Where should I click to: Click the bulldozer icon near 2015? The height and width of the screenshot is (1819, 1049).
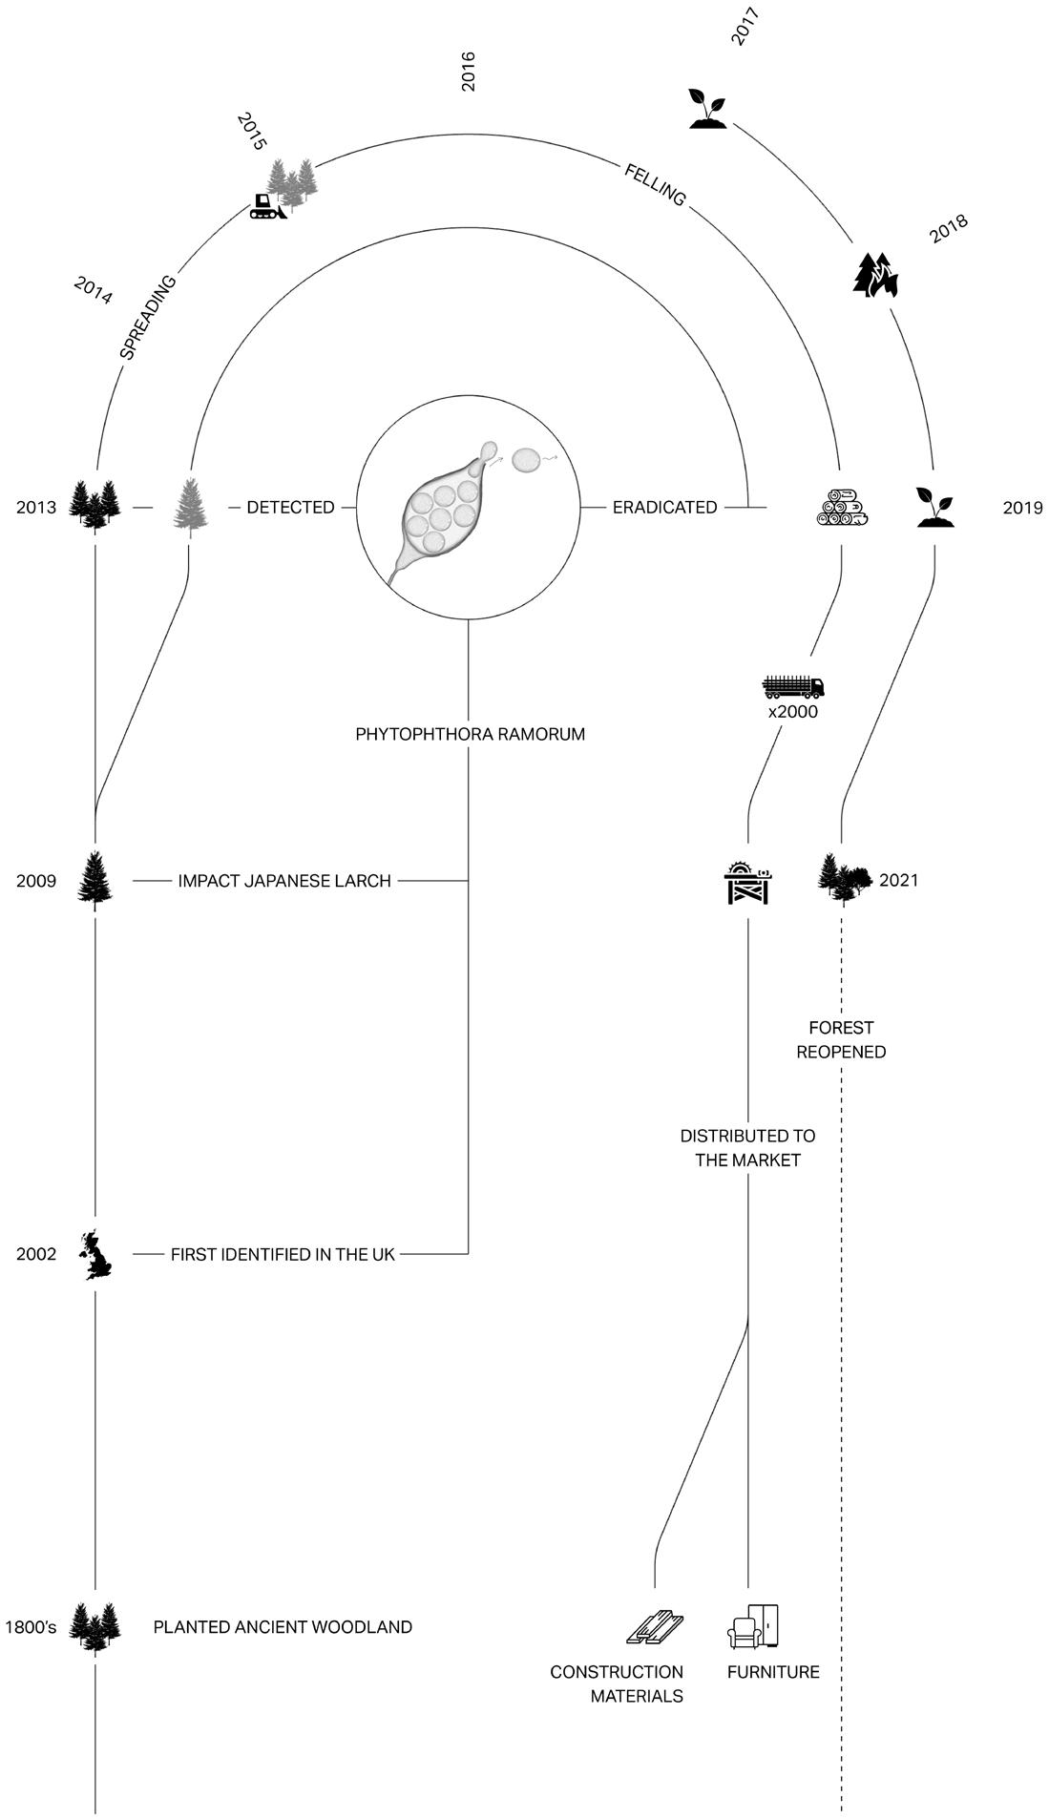[x=267, y=206]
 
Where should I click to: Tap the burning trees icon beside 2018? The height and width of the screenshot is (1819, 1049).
[x=875, y=275]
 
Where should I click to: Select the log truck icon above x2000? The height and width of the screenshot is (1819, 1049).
[x=793, y=686]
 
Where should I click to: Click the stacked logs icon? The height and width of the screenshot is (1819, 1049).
[x=842, y=508]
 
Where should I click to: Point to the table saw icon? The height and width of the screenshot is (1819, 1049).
[x=747, y=881]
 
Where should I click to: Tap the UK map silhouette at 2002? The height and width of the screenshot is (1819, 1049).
[x=95, y=1255]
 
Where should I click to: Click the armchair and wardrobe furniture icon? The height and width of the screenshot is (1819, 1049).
[x=754, y=1625]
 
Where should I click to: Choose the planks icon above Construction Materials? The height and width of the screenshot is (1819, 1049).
[x=655, y=1627]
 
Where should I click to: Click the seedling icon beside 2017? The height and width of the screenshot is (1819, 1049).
[x=707, y=108]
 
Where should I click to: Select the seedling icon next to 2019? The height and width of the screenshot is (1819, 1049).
[x=935, y=507]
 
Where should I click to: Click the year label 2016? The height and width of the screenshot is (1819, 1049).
[x=468, y=72]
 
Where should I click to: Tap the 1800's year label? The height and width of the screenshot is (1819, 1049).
[x=30, y=1626]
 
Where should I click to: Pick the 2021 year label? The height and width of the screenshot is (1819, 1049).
[x=899, y=880]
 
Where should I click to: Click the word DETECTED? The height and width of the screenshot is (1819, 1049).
[x=290, y=507]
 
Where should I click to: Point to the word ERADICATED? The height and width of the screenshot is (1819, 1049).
[x=664, y=507]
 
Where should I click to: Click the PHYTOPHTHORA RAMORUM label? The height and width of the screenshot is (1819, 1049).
[x=470, y=734]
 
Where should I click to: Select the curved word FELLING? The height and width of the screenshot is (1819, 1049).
[x=655, y=185]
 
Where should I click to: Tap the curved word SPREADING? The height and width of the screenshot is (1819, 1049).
[x=148, y=317]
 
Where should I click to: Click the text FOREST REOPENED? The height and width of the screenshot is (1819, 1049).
[x=841, y=1039]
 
